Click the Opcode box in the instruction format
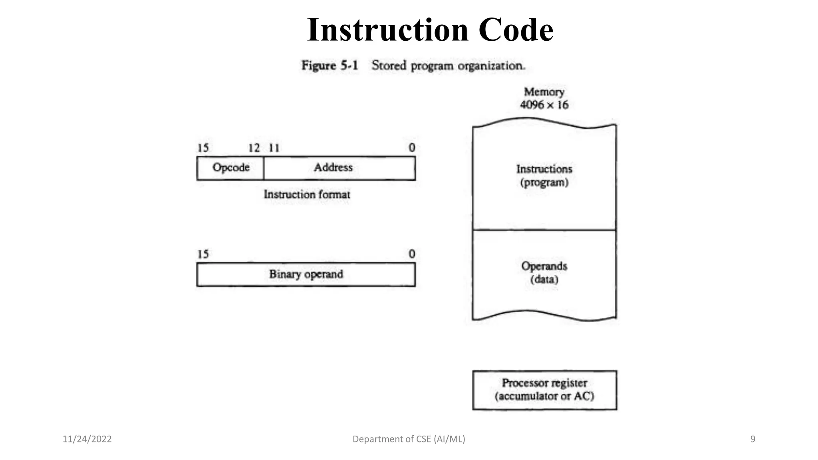pyautogui.click(x=230, y=168)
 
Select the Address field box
pyautogui.click(x=339, y=168)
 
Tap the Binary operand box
pyautogui.click(x=306, y=274)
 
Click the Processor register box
pyautogui.click(x=544, y=390)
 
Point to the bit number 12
pyautogui.click(x=254, y=148)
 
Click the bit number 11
pyautogui.click(x=274, y=148)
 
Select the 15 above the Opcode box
pyautogui.click(x=203, y=148)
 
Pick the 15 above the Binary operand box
pyautogui.click(x=203, y=254)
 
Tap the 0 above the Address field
pyautogui.click(x=412, y=148)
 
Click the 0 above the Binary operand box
pyautogui.click(x=412, y=254)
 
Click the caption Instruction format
pyautogui.click(x=307, y=194)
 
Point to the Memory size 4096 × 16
pyautogui.click(x=544, y=105)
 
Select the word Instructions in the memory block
pyautogui.click(x=544, y=169)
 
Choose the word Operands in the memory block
pyautogui.click(x=544, y=266)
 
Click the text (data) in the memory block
pyautogui.click(x=544, y=279)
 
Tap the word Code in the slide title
pyautogui.click(x=516, y=30)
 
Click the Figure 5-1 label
pyautogui.click(x=330, y=65)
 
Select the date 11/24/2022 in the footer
pyautogui.click(x=87, y=439)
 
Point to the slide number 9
pyautogui.click(x=753, y=439)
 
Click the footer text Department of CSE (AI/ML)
pyautogui.click(x=409, y=439)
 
